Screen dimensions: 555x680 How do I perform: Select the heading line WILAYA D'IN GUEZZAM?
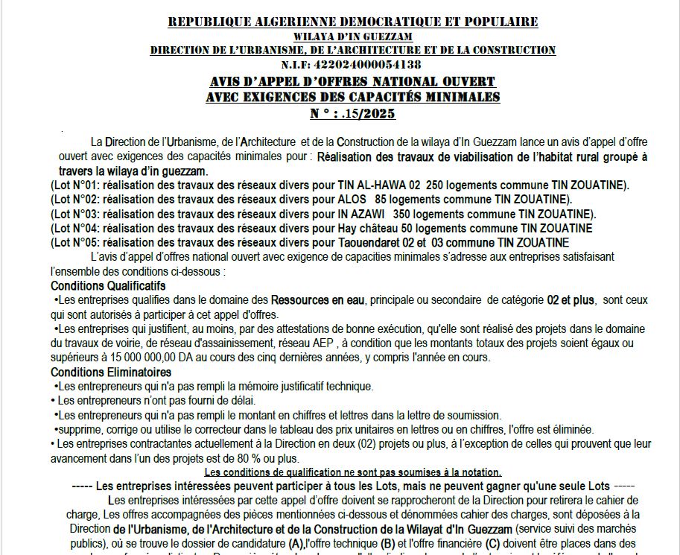tap(352, 36)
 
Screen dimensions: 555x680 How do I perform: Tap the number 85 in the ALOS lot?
tap(382, 200)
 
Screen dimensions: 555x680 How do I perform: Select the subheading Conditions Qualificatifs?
tap(108, 286)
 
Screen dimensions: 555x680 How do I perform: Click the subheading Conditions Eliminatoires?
tap(111, 372)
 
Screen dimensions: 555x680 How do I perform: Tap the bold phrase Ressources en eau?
tap(317, 300)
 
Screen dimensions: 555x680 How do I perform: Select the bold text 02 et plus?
tap(568, 300)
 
